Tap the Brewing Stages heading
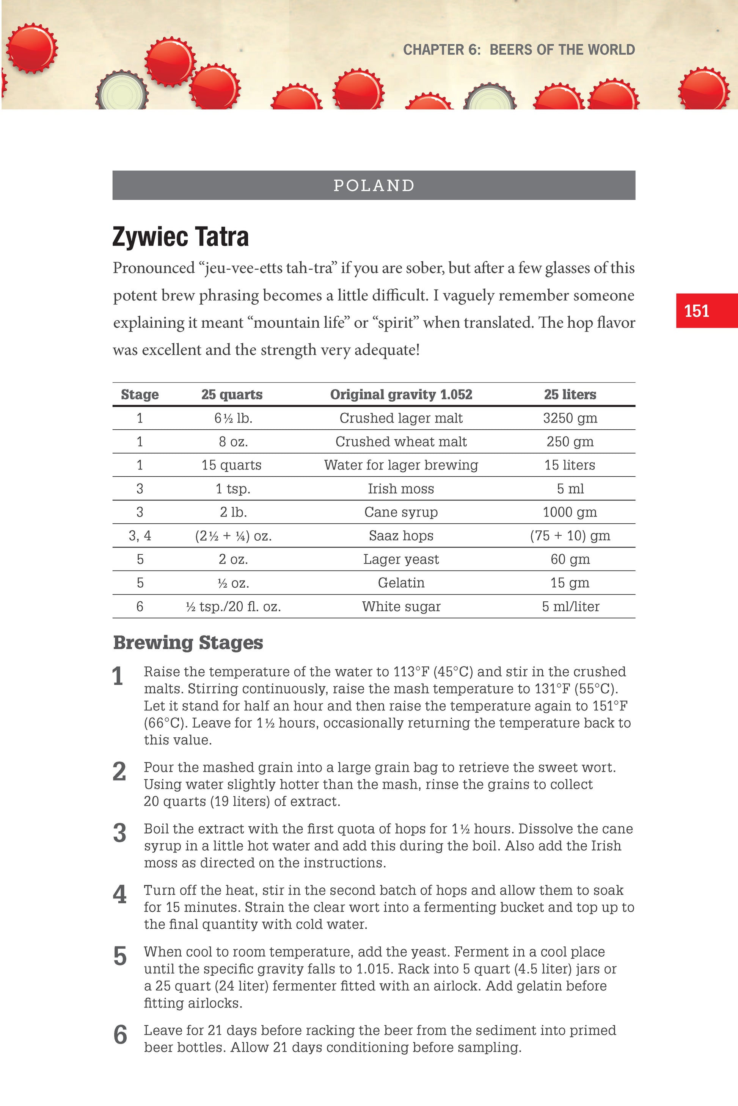[188, 642]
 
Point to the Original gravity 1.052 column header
[401, 394]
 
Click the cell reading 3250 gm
[570, 418]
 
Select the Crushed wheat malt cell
[401, 441]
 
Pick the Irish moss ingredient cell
[401, 488]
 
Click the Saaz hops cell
[401, 536]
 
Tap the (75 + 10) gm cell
[570, 536]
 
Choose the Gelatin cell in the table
[401, 583]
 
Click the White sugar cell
[401, 607]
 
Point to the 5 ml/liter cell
[570, 607]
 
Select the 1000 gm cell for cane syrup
[570, 512]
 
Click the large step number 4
[119, 895]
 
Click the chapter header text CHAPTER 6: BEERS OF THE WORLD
[519, 49]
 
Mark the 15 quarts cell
[232, 465]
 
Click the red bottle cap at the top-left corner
[32, 48]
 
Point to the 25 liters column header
[570, 394]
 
